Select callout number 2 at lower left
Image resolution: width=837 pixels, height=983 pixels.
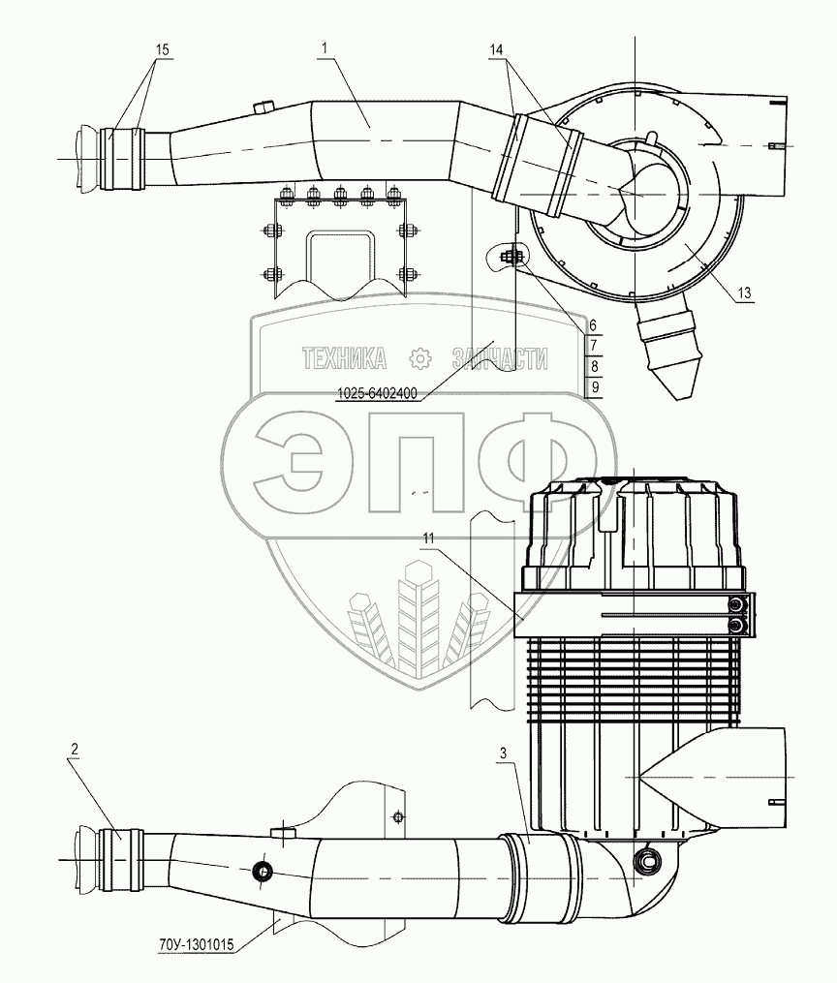coord(74,750)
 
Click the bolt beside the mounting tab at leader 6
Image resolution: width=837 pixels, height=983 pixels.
coord(512,257)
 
